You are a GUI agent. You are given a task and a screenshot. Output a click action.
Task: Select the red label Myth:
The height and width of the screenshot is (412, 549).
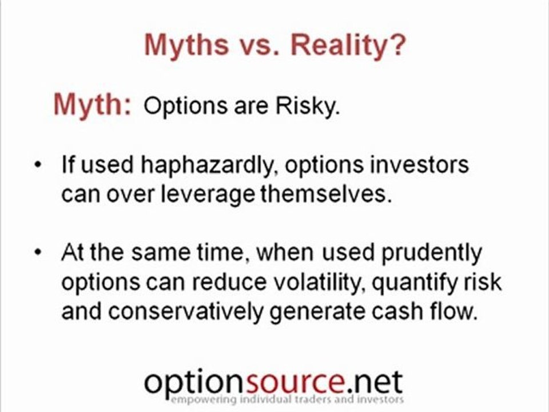tap(91, 105)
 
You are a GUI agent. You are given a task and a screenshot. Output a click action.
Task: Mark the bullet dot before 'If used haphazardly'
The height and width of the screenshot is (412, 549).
tap(38, 165)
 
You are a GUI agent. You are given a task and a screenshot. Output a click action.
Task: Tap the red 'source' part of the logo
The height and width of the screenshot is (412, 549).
tap(284, 382)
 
